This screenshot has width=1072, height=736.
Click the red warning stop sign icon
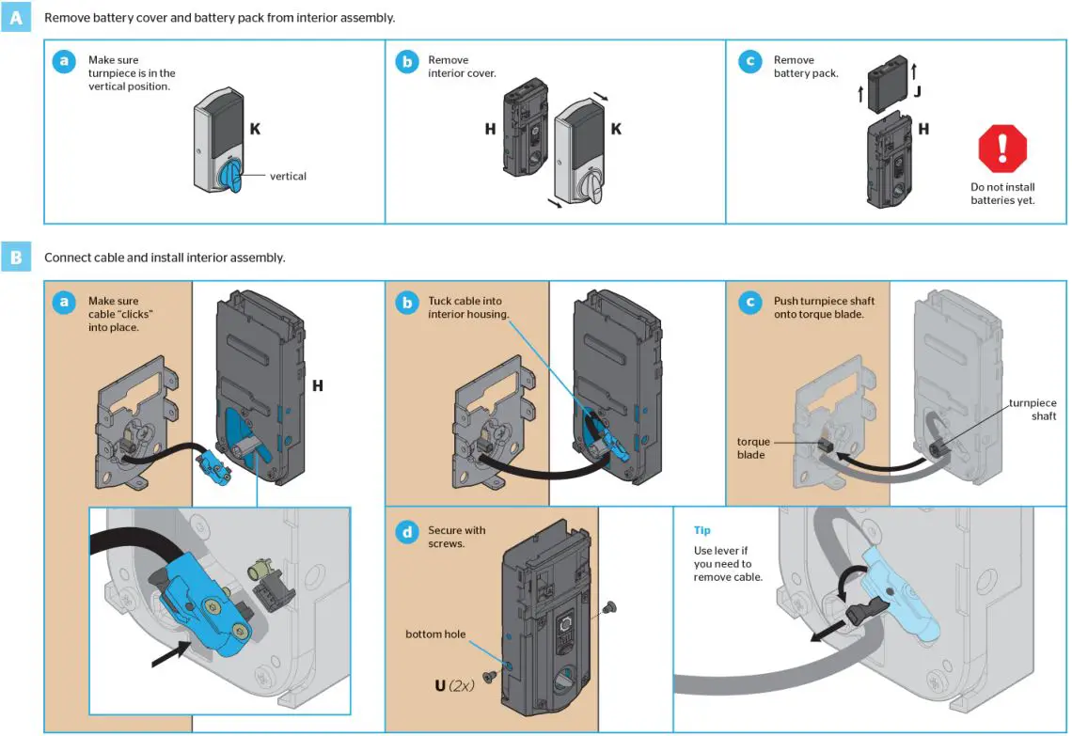1002,148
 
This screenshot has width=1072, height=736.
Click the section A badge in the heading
16,18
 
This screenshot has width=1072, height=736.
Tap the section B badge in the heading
16,257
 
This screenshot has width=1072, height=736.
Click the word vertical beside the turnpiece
288,176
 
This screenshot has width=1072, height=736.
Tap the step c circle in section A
749,63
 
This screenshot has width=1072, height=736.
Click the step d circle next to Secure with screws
406,533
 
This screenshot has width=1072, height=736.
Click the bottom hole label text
435,634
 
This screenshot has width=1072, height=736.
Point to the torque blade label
751,447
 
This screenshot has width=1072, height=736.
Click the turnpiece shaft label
1032,409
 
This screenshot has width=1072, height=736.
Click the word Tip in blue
703,531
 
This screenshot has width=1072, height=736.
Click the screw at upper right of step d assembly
609,607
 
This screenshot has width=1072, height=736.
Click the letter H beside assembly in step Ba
317,385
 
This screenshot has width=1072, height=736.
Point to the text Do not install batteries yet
1002,194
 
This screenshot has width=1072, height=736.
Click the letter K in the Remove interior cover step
616,129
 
